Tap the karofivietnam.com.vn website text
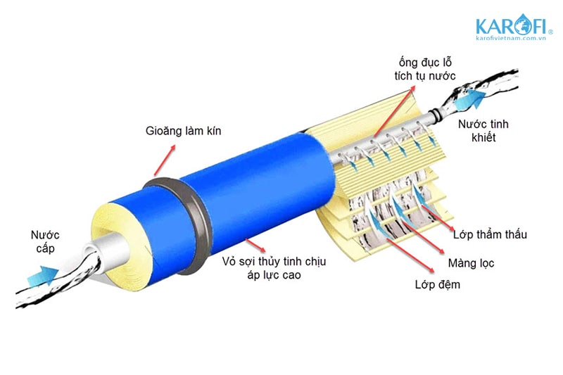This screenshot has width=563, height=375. (x=511, y=38)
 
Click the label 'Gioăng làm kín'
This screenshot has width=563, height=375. (x=183, y=131)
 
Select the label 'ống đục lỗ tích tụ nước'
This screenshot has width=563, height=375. (x=425, y=69)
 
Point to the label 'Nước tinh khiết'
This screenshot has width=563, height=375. (x=483, y=131)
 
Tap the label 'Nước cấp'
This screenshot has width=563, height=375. (x=45, y=241)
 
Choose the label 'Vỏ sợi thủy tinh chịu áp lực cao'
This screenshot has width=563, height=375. (x=274, y=268)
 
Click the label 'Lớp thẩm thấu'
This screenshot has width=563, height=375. (x=490, y=234)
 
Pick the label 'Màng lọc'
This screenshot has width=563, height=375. (x=471, y=263)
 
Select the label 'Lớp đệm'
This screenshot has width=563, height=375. (x=437, y=284)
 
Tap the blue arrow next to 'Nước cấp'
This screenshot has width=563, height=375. (x=43, y=276)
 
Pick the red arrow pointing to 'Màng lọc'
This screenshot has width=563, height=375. (x=424, y=238)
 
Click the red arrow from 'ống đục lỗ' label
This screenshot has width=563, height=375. (x=394, y=111)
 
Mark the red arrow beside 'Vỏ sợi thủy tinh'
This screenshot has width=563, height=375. (x=255, y=245)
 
